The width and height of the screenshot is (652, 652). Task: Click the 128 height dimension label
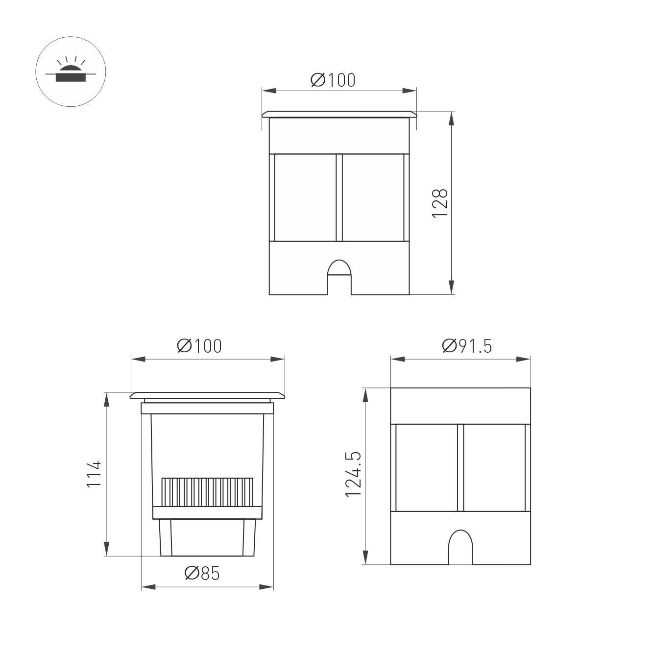pyautogui.click(x=440, y=203)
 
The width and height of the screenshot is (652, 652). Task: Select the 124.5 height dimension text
pyautogui.click(x=354, y=475)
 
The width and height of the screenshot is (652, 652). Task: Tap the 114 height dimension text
pyautogui.click(x=94, y=474)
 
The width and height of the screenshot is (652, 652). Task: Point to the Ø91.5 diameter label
pyautogui.click(x=467, y=346)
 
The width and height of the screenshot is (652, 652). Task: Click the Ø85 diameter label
pyautogui.click(x=202, y=573)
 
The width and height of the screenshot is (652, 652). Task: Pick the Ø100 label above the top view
pyautogui.click(x=333, y=80)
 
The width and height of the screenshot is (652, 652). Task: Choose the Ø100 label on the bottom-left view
pyautogui.click(x=199, y=346)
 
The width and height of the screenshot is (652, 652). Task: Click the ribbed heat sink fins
pyautogui.click(x=208, y=492)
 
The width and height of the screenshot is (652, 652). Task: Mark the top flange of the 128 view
pyautogui.click(x=339, y=114)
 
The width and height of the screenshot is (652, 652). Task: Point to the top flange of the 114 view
pyautogui.click(x=207, y=395)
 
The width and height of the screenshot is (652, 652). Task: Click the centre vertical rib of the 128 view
pyautogui.click(x=339, y=197)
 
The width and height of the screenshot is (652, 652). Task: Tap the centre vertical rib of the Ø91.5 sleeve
pyautogui.click(x=460, y=467)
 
